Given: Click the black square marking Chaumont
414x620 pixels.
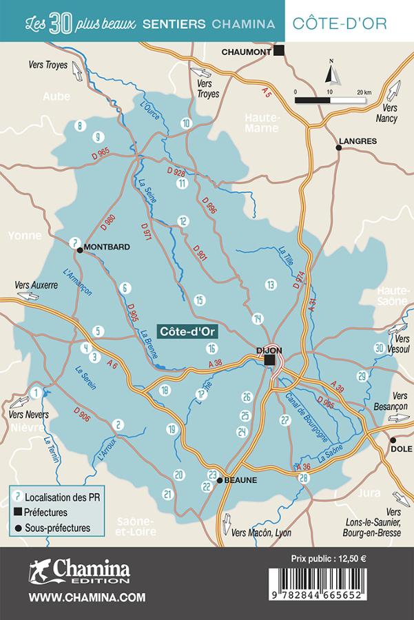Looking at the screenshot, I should tap(279, 50).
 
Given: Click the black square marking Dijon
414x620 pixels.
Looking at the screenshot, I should tap(270, 360).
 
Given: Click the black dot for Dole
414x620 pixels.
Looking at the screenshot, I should tap(393, 440).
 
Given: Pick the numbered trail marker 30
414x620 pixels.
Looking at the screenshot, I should tap(379, 348).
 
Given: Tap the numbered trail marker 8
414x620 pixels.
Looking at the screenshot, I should tap(80, 125).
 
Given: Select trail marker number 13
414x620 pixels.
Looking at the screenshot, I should tap(271, 284).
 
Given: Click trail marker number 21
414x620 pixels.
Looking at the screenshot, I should tap(167, 494).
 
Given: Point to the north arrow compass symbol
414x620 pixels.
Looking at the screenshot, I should tap(331, 72).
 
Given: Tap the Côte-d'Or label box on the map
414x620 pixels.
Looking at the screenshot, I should tap(188, 331).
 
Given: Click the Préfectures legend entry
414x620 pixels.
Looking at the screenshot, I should tap(45, 512).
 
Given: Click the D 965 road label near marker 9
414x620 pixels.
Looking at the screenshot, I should tap(100, 152).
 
